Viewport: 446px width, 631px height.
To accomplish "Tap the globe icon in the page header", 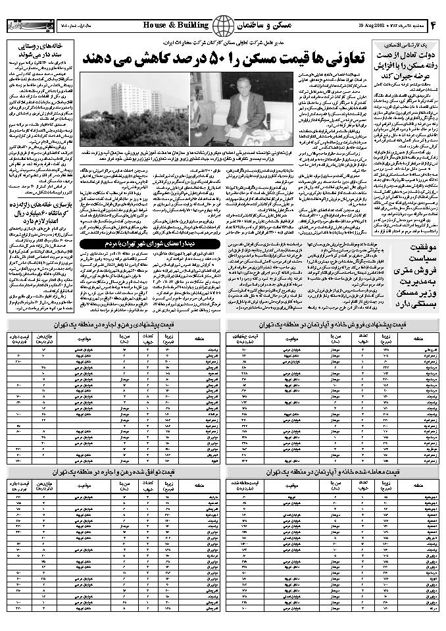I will click(x=222, y=25).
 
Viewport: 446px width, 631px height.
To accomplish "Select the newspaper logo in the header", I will click(x=25, y=25).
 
